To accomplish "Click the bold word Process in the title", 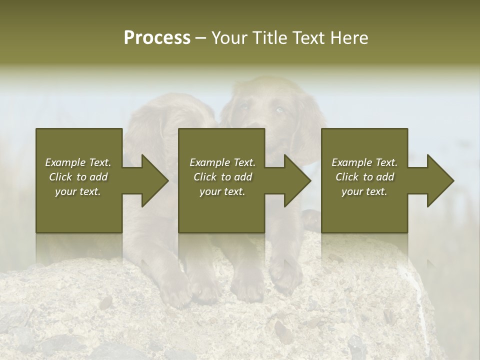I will tap(157, 38).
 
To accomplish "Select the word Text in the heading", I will tap(309, 38).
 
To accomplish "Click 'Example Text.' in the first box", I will tap(78, 162).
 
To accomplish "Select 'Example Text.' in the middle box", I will tap(222, 162).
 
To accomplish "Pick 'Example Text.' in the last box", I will tap(364, 162).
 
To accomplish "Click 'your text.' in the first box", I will tap(78, 191).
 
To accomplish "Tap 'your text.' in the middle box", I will tap(222, 191).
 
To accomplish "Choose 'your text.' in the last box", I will tap(364, 191).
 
